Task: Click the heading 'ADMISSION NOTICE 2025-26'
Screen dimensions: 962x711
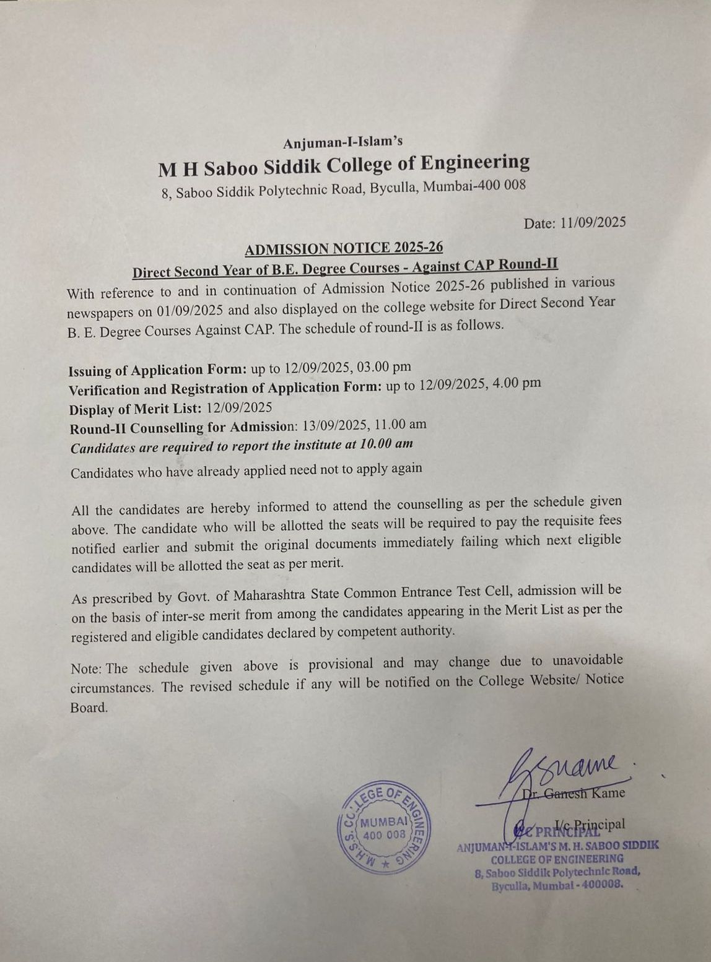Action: tap(344, 248)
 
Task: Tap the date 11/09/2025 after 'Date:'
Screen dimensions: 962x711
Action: tap(593, 223)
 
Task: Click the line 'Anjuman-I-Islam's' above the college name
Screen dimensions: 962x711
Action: tap(342, 142)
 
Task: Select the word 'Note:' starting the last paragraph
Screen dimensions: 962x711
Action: tap(87, 669)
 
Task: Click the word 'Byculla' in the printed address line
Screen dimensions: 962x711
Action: tap(393, 188)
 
